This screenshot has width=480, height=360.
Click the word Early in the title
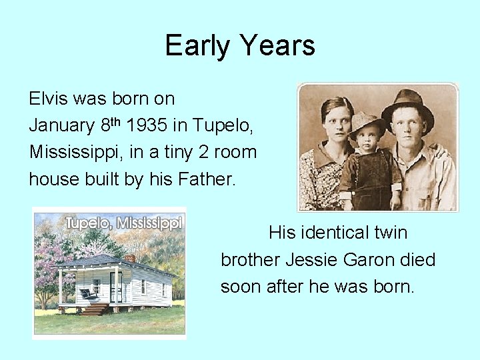[198, 46]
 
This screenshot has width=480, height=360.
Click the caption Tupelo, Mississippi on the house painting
[122, 222]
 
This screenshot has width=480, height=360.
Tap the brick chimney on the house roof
[130, 258]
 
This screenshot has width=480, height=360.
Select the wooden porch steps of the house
[95, 309]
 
